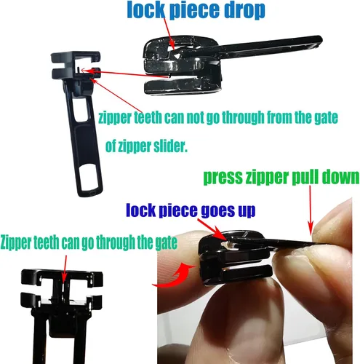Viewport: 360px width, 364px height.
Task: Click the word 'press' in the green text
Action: coord(223,178)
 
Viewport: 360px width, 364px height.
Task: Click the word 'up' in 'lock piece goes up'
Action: coord(247,211)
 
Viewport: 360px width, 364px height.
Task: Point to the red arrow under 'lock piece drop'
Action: coord(169,34)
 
